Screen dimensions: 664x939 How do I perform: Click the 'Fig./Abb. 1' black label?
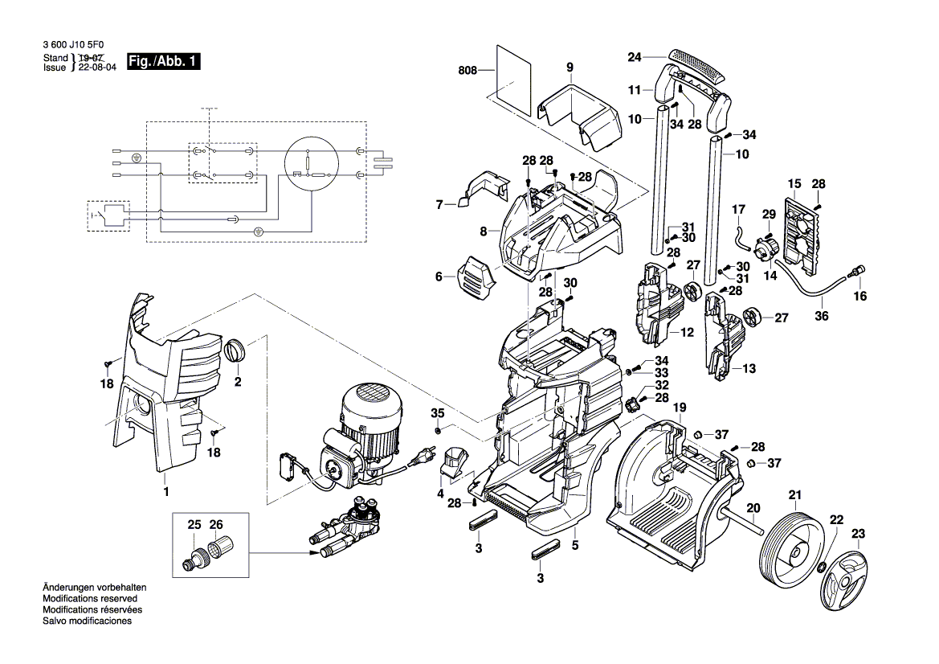tap(164, 62)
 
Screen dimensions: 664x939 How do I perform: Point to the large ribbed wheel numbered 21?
tap(791, 551)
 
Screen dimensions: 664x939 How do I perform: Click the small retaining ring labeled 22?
tap(823, 569)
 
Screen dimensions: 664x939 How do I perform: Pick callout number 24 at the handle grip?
tap(635, 57)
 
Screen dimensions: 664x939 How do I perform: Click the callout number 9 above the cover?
tap(570, 68)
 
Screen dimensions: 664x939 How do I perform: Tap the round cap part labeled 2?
tap(235, 350)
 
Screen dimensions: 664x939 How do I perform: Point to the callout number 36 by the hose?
tap(821, 315)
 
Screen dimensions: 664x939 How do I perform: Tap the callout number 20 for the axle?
tap(753, 507)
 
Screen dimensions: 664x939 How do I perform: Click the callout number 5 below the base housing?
tap(575, 545)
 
